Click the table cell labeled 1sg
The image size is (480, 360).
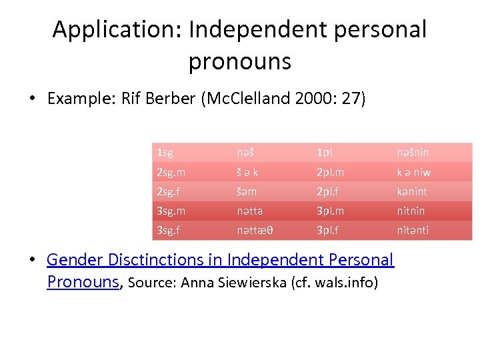coord(165,153)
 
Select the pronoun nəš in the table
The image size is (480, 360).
coord(245,153)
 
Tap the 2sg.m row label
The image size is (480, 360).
coord(171,172)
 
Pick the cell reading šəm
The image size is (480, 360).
coord(247,191)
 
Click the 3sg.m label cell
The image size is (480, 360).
coord(171,211)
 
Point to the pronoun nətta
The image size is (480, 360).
coord(249,211)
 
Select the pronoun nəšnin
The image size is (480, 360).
coord(413,153)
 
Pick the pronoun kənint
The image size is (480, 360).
coord(411,191)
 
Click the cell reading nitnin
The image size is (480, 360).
coord(411,211)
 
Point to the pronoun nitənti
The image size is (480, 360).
coord(413,230)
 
